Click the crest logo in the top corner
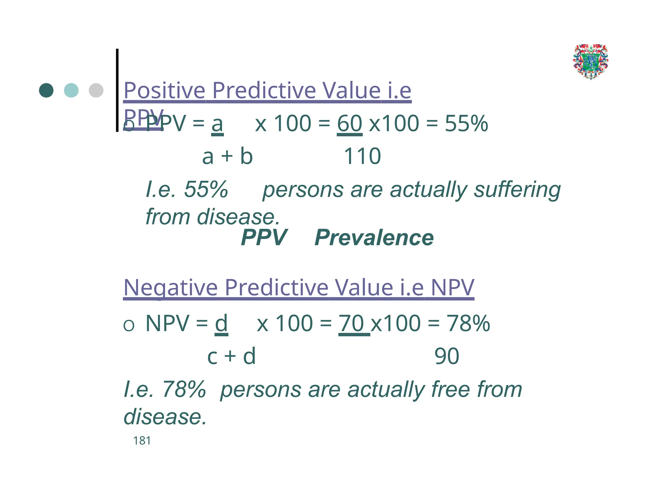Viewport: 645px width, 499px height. [x=591, y=62]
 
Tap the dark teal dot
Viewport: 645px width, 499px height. [x=46, y=91]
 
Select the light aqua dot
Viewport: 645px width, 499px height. [x=71, y=91]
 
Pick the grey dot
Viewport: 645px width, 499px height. [x=96, y=91]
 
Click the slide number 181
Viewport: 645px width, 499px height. [x=142, y=441]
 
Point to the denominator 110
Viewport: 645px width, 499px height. [x=362, y=156]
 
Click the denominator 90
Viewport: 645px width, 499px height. [x=447, y=356]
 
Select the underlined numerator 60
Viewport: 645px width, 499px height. [x=350, y=123]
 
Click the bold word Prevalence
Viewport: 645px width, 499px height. [x=374, y=238]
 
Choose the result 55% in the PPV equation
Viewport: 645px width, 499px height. [x=466, y=123]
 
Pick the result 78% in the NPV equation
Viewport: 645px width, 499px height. [x=468, y=323]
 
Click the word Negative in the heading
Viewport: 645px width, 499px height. [x=170, y=288]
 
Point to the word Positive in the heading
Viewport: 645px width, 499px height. [x=164, y=91]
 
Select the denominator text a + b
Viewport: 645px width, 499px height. [x=227, y=156]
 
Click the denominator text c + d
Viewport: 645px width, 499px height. [x=231, y=356]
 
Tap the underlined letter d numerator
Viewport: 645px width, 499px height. [x=221, y=323]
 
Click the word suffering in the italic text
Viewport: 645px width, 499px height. [x=517, y=190]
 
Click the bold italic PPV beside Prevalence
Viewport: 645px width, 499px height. [x=264, y=238]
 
